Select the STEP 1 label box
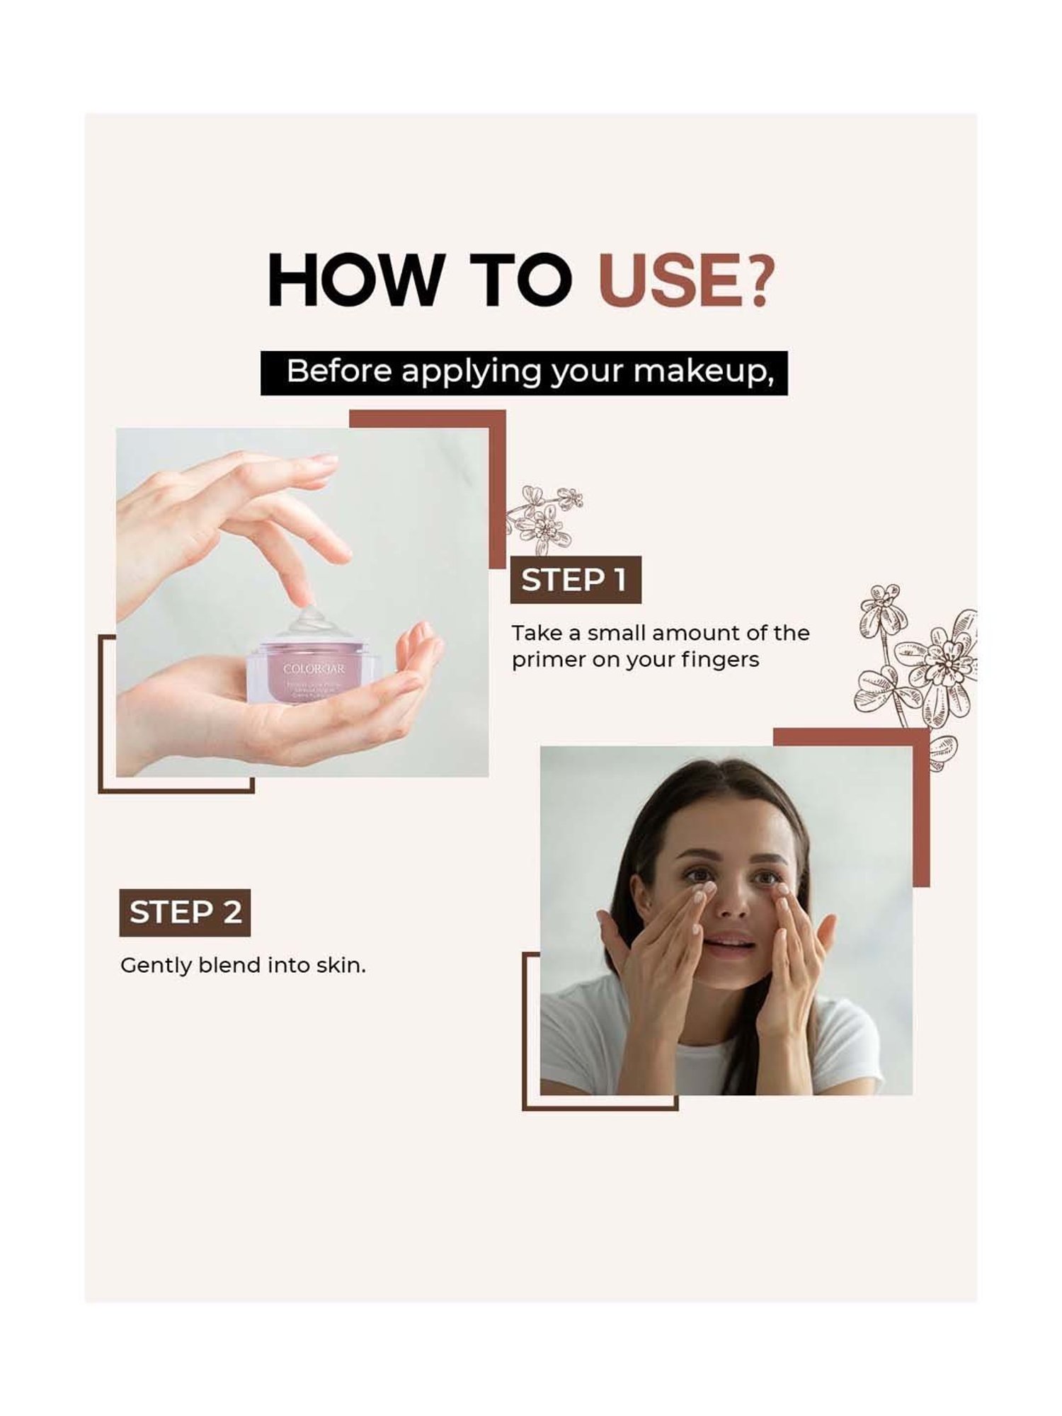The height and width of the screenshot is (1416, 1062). tap(575, 580)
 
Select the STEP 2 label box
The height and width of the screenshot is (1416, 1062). tap(185, 912)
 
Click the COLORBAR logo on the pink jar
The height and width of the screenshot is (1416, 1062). tap(314, 668)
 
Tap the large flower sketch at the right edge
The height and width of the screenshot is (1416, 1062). tap(920, 658)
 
